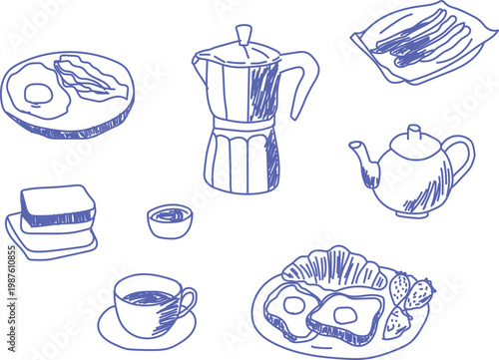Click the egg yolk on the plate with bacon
pyautogui.click(x=38, y=94)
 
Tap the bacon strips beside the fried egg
pyautogui.click(x=93, y=77)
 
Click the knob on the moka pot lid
pyautogui.click(x=244, y=34)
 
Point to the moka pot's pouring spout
pyautogui.click(x=199, y=62)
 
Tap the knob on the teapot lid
pyautogui.click(x=411, y=132)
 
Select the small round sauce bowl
pyautogui.click(x=170, y=219)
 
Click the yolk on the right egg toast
pyautogui.click(x=345, y=315)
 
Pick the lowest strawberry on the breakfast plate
pyautogui.click(x=398, y=322)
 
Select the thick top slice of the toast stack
pyautogui.click(x=58, y=204)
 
